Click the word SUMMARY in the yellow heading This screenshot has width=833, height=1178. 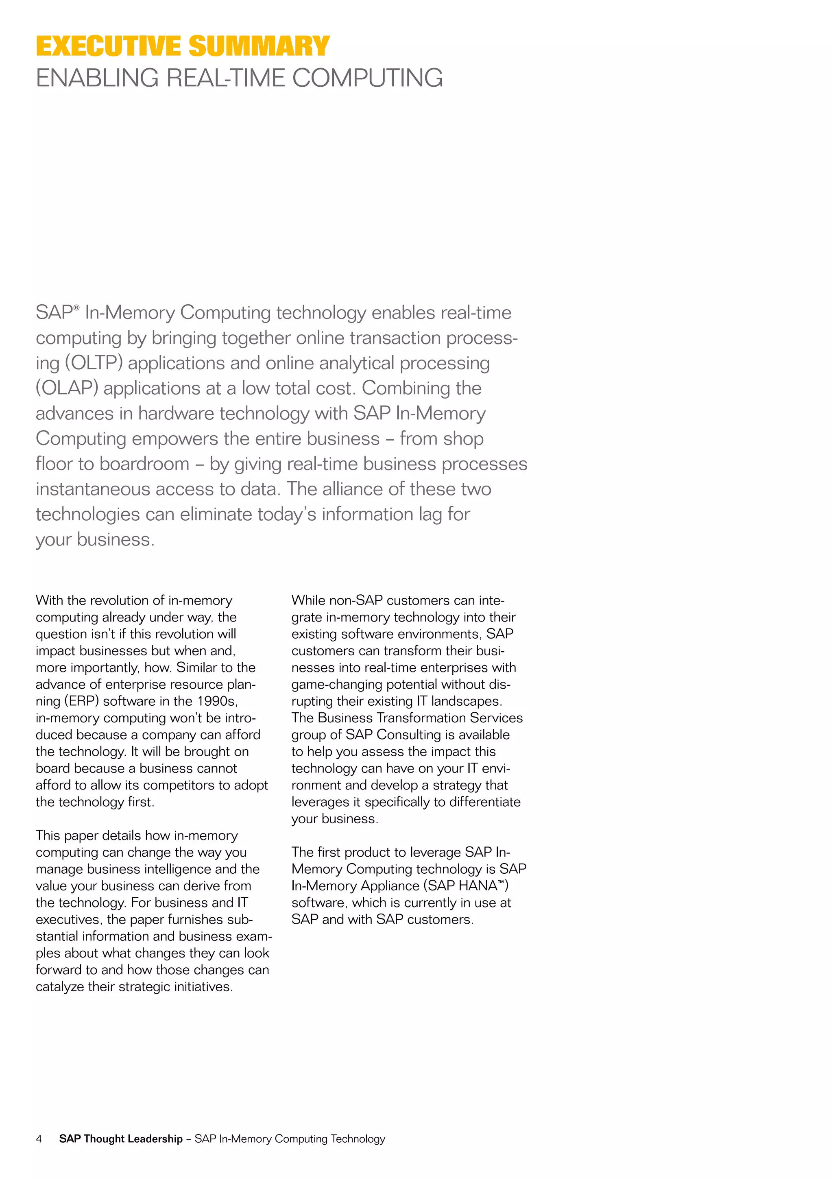(259, 46)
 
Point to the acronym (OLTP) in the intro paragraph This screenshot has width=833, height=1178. (94, 363)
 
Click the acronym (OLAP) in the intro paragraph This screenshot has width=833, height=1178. (67, 388)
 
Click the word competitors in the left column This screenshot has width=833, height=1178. (183, 785)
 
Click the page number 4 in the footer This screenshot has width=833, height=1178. (39, 1139)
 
